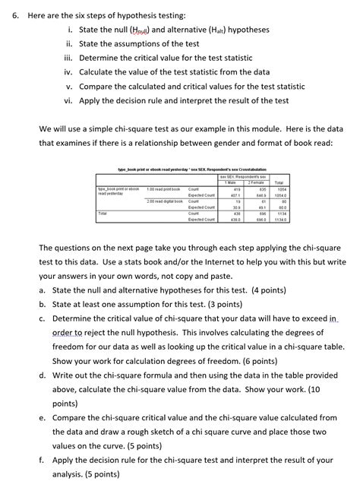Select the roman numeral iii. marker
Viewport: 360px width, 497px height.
68,56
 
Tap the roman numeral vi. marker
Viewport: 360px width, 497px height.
68,100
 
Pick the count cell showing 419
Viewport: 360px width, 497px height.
237,188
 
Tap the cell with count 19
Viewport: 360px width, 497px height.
238,201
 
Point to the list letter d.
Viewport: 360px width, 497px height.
42,375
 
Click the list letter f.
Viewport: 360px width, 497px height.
41,460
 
